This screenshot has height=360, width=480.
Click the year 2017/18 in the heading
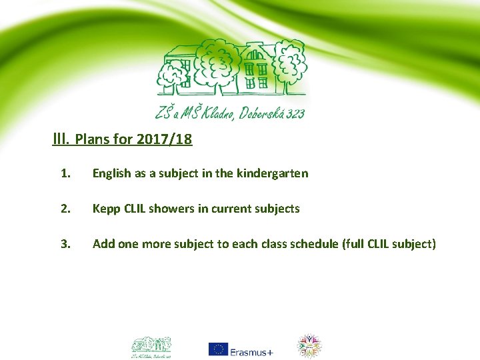[x=164, y=140]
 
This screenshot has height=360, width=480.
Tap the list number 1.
[x=65, y=173]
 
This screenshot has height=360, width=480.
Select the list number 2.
[x=65, y=209]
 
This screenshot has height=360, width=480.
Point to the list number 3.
[x=65, y=244]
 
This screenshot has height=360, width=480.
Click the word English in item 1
[x=111, y=174]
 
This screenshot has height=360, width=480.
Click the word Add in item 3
[x=103, y=244]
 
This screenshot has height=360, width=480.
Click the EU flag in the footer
[x=217, y=349]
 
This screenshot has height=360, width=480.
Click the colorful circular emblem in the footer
[x=309, y=346]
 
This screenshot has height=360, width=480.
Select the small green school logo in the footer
[x=151, y=345]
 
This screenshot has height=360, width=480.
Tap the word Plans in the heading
[x=91, y=140]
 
